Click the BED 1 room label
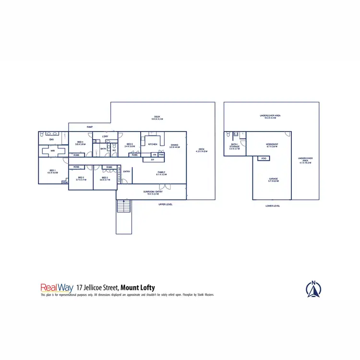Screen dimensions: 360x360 [52, 171]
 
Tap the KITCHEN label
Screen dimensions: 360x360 [153, 144]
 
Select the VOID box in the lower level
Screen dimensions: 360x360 [264, 158]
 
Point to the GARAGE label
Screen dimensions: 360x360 [273, 179]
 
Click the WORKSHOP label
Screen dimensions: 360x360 [272, 144]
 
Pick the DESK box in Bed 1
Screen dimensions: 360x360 [65, 182]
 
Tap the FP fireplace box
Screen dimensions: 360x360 [152, 160]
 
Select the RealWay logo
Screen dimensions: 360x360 [57, 288]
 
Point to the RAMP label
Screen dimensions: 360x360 [90, 127]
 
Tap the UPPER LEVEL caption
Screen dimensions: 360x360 [166, 204]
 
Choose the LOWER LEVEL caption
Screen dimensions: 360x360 [273, 205]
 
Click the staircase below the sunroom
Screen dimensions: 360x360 [124, 207]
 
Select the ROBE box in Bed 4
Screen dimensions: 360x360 [76, 155]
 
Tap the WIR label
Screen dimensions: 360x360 [53, 151]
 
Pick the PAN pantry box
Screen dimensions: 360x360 [161, 155]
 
